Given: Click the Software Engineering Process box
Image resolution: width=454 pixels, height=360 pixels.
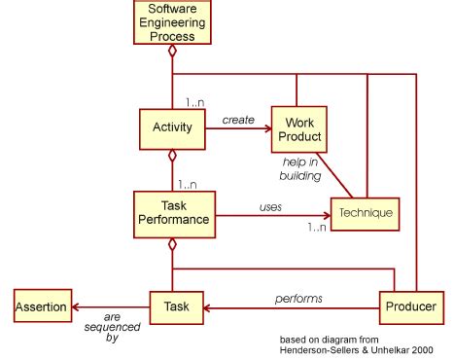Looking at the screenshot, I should click(172, 23).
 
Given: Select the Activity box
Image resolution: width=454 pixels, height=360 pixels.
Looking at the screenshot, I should click(172, 126).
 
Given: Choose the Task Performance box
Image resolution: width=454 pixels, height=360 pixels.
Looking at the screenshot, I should click(172, 211).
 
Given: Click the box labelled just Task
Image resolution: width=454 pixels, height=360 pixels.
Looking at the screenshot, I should click(176, 307).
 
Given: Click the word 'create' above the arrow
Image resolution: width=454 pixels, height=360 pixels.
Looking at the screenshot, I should click(238, 120).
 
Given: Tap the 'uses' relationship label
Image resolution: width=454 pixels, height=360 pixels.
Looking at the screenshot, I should click(270, 206).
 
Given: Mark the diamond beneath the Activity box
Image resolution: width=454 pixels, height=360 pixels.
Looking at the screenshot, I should click(172, 156).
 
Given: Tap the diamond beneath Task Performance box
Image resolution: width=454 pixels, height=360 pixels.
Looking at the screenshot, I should click(172, 243).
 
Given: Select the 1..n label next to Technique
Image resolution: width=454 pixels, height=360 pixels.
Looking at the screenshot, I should click(316, 227).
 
